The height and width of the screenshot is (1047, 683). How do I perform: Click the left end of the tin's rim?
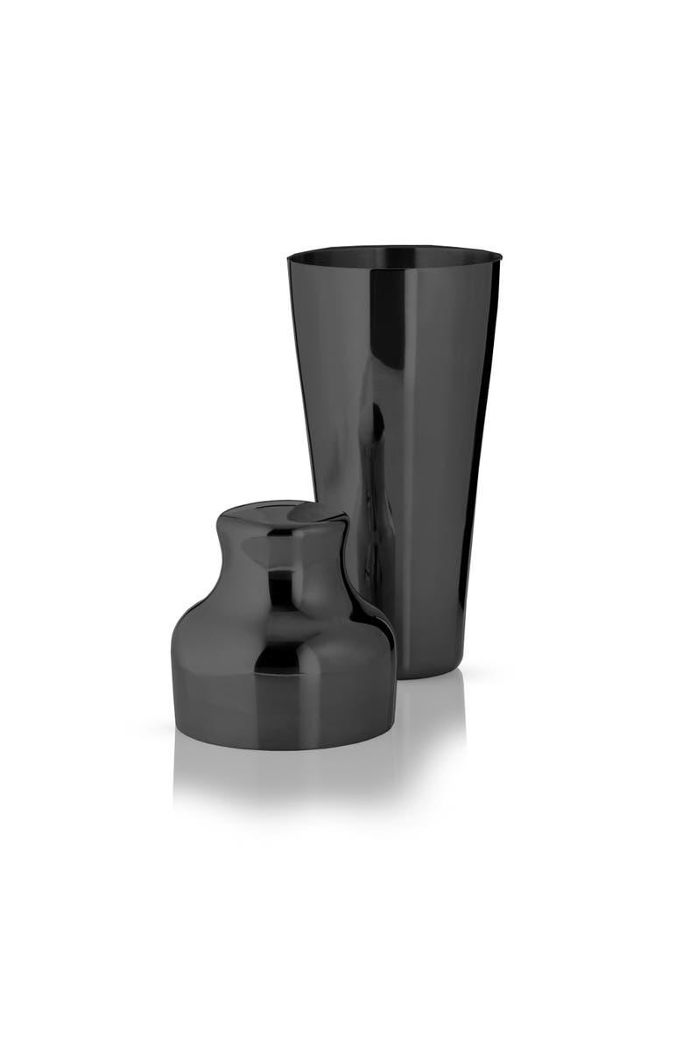click(290, 257)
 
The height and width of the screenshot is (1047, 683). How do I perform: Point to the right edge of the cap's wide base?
click(391, 665)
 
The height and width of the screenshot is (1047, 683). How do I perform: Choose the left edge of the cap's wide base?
click(173, 665)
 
